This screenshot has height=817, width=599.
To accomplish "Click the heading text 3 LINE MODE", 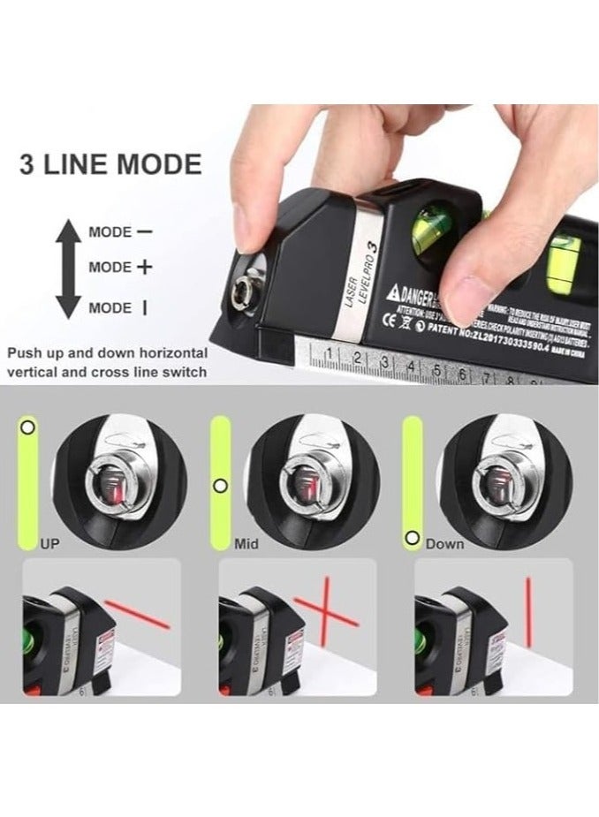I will [111, 164].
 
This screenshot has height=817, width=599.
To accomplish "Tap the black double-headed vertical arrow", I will [68, 269].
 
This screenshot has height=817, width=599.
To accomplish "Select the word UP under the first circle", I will [49, 544].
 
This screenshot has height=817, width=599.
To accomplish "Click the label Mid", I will [246, 544].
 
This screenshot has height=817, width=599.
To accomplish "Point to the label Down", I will [444, 544].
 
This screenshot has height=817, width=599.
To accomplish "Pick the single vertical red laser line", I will [528, 611].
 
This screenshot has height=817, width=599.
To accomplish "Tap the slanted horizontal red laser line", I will [139, 617].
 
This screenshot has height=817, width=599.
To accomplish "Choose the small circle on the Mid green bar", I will [221, 484].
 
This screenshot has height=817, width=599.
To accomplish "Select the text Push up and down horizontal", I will [104, 352].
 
